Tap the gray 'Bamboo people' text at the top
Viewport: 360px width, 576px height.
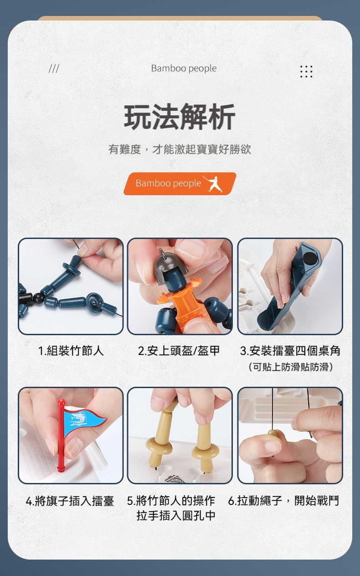pos(184,68)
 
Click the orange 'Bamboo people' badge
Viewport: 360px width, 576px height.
pos(180,184)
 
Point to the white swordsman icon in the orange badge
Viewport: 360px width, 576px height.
pos(213,184)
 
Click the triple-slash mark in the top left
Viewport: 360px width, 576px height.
pos(54,69)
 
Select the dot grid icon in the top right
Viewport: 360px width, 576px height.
pos(306,71)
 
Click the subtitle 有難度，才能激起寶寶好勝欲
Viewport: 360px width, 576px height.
pos(180,149)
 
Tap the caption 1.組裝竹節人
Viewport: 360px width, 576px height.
pos(71,351)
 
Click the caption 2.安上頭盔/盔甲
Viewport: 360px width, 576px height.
pos(179,351)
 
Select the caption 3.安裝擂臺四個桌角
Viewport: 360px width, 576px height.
pos(290,351)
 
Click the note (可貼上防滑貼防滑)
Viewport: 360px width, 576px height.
pos(291,367)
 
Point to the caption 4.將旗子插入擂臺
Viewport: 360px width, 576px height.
pos(70,501)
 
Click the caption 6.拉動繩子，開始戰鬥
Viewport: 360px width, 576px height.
pos(283,501)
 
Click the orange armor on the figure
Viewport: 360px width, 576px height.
pos(185,303)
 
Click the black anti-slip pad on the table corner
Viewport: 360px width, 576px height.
pos(309,258)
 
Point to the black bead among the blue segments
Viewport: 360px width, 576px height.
pos(39,298)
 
